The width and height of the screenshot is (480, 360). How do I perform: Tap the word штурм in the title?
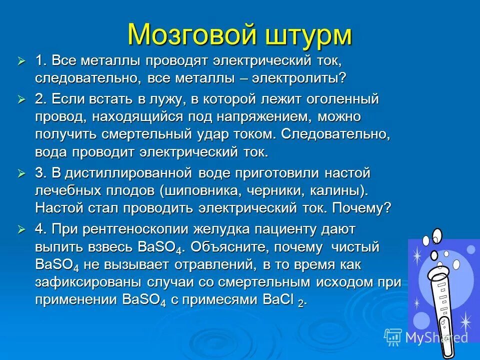click(x=307, y=34)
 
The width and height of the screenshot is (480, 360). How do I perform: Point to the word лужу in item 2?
click(x=158, y=99)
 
